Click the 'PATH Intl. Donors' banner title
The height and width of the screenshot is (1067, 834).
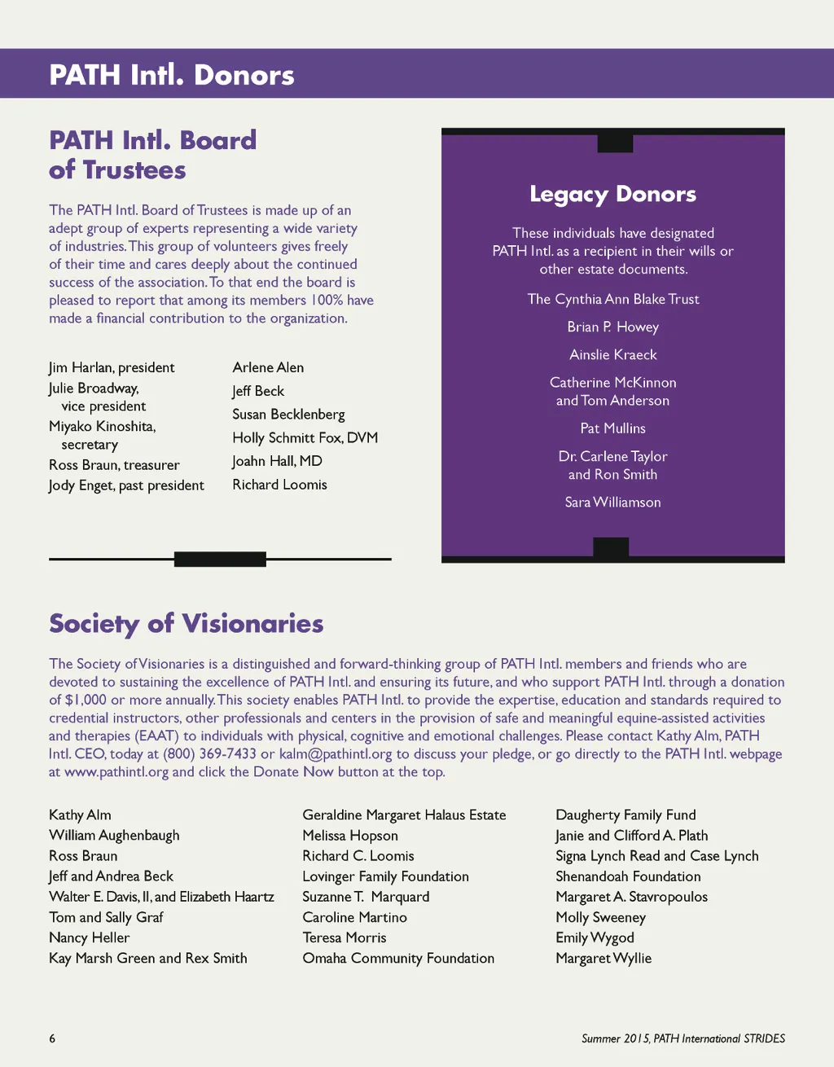pos(172,75)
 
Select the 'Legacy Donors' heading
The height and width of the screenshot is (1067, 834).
pos(612,194)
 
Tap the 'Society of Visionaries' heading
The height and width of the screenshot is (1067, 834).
pos(186,623)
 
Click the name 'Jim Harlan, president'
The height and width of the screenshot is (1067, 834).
pos(112,367)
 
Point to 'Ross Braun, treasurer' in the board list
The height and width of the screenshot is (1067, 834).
pos(114,465)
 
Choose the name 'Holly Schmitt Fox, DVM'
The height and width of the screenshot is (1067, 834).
pos(305,437)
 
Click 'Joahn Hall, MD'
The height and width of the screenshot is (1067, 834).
pos(277,461)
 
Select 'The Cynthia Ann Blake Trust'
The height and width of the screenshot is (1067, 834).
pos(612,299)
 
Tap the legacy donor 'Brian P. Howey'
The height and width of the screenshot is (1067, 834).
pos(612,327)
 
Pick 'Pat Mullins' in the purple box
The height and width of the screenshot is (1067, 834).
pos(612,428)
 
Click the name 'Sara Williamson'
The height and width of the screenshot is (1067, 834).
pos(612,503)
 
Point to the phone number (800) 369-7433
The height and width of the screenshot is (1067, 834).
pos(209,754)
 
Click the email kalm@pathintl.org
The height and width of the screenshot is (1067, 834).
pos(335,754)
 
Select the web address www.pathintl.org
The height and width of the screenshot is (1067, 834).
pos(116,772)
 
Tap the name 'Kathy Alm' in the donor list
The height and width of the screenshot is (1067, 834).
pos(80,815)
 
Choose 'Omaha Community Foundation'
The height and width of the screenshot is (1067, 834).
pos(398,959)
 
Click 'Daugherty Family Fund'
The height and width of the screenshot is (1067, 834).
pos(625,815)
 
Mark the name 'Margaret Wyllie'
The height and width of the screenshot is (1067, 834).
pos(604,959)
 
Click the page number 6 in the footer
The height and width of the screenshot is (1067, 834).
pos(52,1038)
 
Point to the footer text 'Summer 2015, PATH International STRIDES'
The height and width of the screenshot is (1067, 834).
pos(683,1038)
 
